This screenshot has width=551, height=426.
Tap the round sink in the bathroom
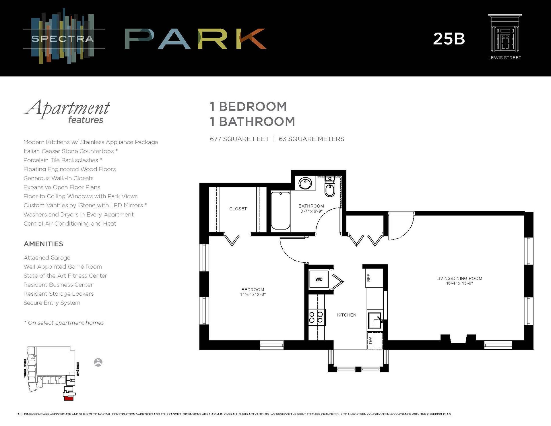(305, 183)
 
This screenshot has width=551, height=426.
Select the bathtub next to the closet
(280, 211)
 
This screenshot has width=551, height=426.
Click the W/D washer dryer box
(319, 279)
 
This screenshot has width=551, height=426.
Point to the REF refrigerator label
(369, 278)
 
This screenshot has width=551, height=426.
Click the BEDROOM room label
(253, 290)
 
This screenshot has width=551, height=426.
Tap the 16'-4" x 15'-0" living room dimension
(459, 283)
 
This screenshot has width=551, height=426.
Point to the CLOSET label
(238, 209)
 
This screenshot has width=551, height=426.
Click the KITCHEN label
(346, 315)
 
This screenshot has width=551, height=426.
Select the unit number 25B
(449, 39)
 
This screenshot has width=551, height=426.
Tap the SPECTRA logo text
(62, 39)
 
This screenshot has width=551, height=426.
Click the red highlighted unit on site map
(68, 398)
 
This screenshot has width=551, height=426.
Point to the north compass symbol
(98, 362)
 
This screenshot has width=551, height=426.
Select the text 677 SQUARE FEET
(239, 139)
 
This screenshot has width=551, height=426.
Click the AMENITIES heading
(43, 244)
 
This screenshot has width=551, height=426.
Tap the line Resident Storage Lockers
(59, 294)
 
